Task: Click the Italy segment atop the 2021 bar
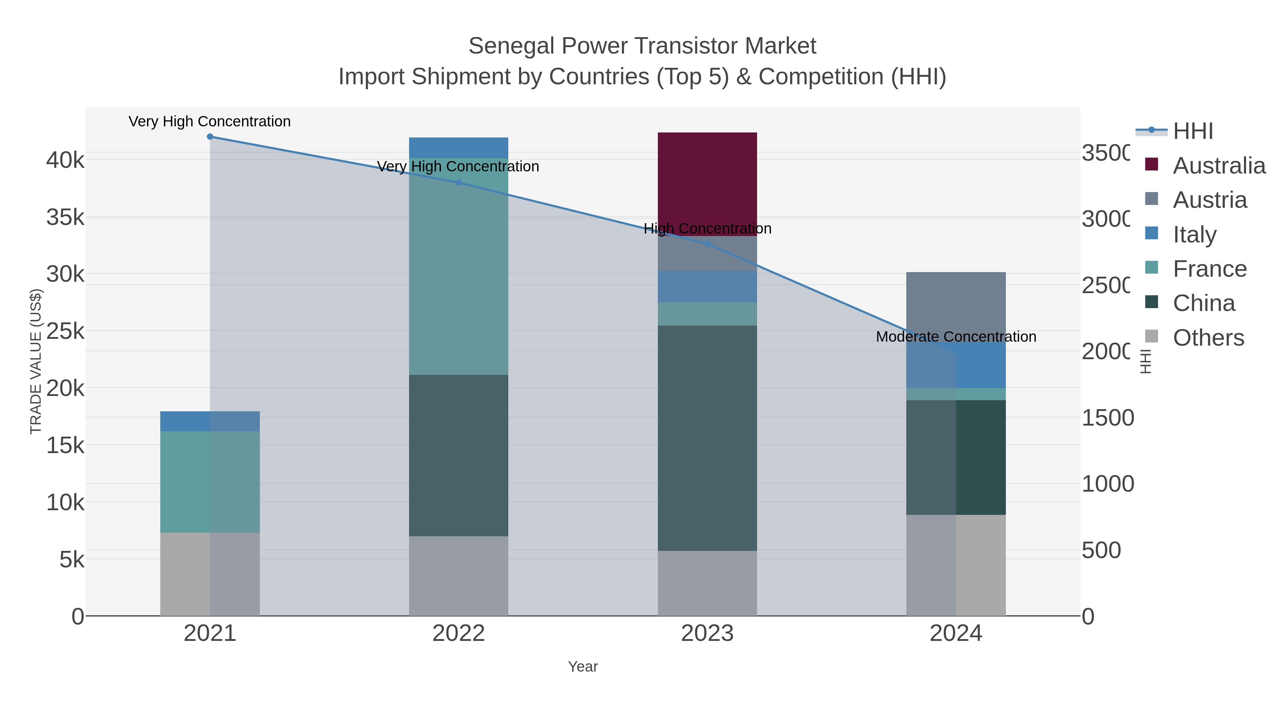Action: pos(210,421)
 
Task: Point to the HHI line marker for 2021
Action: pos(210,137)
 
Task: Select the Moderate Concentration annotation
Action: pos(956,337)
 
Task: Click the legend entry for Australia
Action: pos(1218,166)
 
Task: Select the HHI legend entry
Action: pos(1192,131)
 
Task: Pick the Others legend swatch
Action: pos(1151,336)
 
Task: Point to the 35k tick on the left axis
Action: pos(65,217)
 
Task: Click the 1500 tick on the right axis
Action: pos(1107,418)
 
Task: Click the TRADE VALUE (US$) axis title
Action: pos(36,361)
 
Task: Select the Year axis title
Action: pos(583,667)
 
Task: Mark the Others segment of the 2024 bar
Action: pos(956,565)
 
